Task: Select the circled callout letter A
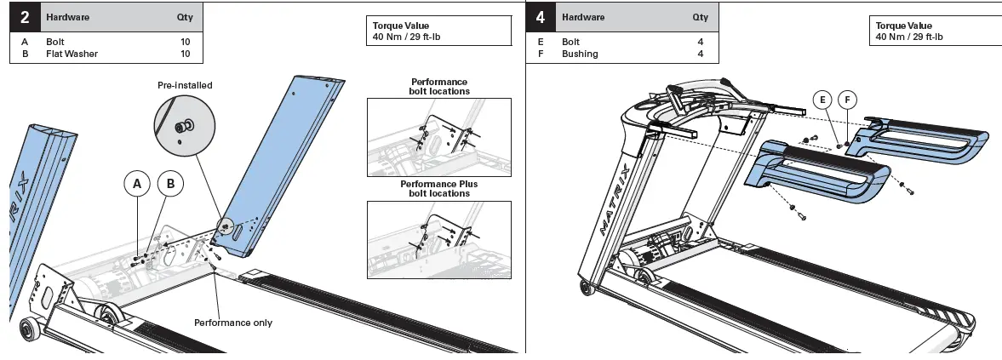click(138, 183)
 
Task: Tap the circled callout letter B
click(170, 183)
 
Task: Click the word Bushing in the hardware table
click(580, 54)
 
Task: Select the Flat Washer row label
click(72, 54)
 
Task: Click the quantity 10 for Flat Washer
click(185, 54)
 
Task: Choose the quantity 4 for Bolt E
click(701, 42)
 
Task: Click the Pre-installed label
click(185, 85)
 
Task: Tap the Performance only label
click(233, 323)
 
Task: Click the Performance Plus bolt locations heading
click(438, 188)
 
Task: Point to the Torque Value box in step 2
click(438, 31)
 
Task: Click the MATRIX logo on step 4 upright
click(616, 195)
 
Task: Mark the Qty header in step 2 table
click(185, 17)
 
